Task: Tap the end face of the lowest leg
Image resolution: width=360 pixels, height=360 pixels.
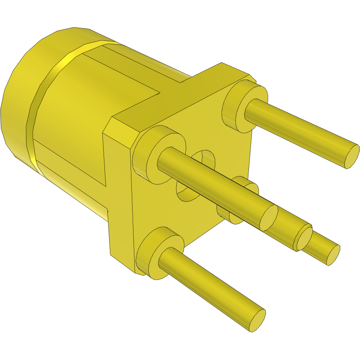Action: click(x=258, y=320)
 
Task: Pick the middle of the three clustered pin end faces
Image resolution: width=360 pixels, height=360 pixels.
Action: click(x=303, y=239)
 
